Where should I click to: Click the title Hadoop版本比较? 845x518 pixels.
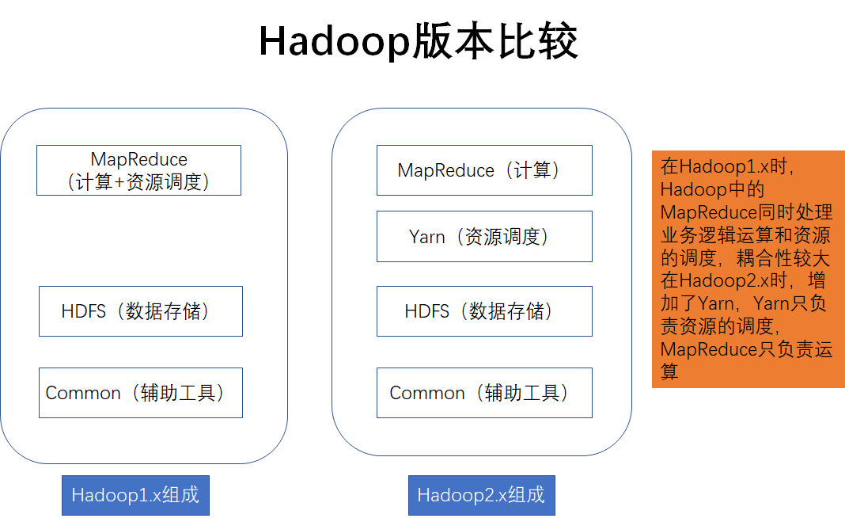pyautogui.click(x=419, y=41)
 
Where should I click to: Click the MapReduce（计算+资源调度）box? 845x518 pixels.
pyautogui.click(x=138, y=170)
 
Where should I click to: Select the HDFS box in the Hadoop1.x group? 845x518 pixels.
pyautogui.click(x=140, y=311)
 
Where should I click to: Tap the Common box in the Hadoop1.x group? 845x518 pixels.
pyautogui.click(x=140, y=393)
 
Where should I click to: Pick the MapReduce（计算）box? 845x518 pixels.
pyautogui.click(x=483, y=170)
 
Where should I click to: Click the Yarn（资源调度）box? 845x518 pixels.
pyautogui.click(x=483, y=236)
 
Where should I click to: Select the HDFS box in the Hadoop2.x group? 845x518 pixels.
pyautogui.click(x=483, y=311)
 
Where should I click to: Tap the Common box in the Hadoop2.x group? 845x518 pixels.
pyautogui.click(x=483, y=393)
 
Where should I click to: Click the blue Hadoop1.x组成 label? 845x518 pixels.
pyautogui.click(x=135, y=496)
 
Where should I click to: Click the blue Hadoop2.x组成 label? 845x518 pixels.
pyautogui.click(x=481, y=496)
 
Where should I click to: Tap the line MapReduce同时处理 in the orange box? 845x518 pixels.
pyautogui.click(x=746, y=212)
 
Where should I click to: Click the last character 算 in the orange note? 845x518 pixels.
pyautogui.click(x=670, y=371)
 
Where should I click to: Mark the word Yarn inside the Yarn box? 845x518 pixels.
pyautogui.click(x=427, y=236)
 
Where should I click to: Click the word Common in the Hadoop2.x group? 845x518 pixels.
pyautogui.click(x=427, y=393)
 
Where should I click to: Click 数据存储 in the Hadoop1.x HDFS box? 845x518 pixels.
pyautogui.click(x=167, y=311)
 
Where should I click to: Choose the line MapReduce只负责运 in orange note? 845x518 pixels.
pyautogui.click(x=746, y=349)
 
